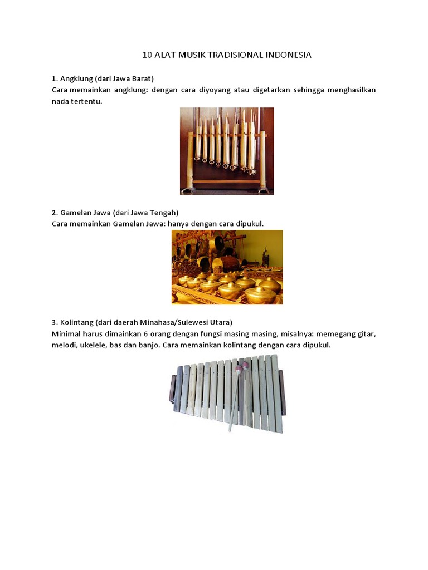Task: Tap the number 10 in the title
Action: [x=147, y=55]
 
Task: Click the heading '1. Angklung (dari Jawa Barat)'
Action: [x=103, y=78]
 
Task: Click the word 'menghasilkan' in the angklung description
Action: [x=349, y=89]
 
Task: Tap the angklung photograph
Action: [x=226, y=151]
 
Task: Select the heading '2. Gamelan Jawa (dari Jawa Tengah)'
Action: [x=115, y=212]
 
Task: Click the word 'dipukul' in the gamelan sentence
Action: [x=249, y=223]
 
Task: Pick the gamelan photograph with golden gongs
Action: [x=227, y=267]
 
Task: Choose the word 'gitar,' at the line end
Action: [x=365, y=334]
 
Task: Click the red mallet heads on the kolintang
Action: [x=241, y=367]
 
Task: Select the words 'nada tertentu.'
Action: [x=77, y=101]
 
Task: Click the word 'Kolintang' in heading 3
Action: [x=76, y=322]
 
